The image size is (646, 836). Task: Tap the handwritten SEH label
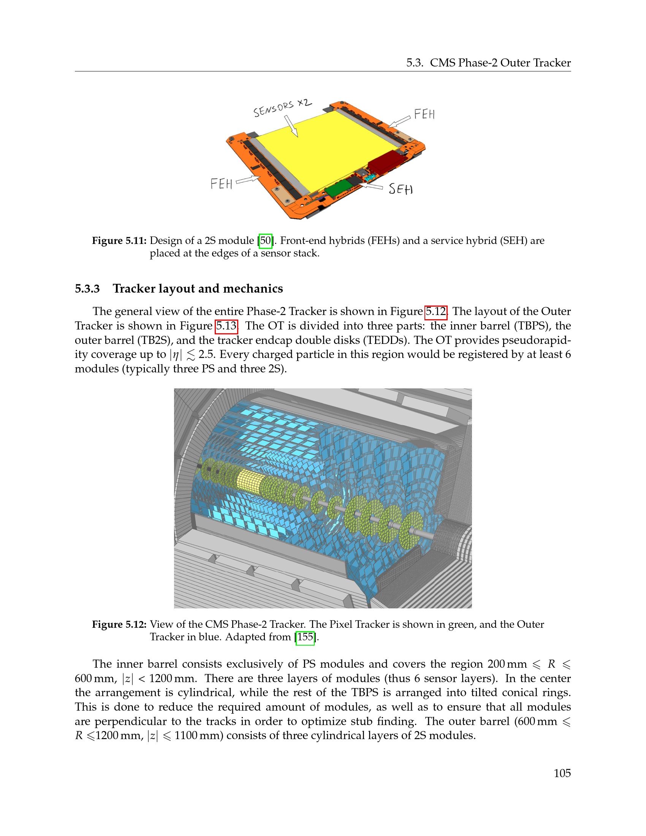pyautogui.click(x=401, y=189)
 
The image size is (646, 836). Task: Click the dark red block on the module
pyautogui.click(x=386, y=161)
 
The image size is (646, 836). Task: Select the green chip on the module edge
pyautogui.click(x=339, y=187)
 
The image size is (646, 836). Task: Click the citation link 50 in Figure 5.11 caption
pyautogui.click(x=266, y=241)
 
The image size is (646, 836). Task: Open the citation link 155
pyautogui.click(x=305, y=637)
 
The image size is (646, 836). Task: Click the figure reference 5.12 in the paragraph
pyautogui.click(x=436, y=312)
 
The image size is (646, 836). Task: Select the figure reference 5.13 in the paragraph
pyautogui.click(x=226, y=326)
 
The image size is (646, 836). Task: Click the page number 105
pyautogui.click(x=562, y=773)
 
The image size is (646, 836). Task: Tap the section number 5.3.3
pyautogui.click(x=87, y=289)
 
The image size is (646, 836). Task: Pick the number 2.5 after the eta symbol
pyautogui.click(x=207, y=355)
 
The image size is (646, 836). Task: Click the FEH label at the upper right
pyautogui.click(x=424, y=114)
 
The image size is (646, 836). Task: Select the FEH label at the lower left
pyautogui.click(x=222, y=184)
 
